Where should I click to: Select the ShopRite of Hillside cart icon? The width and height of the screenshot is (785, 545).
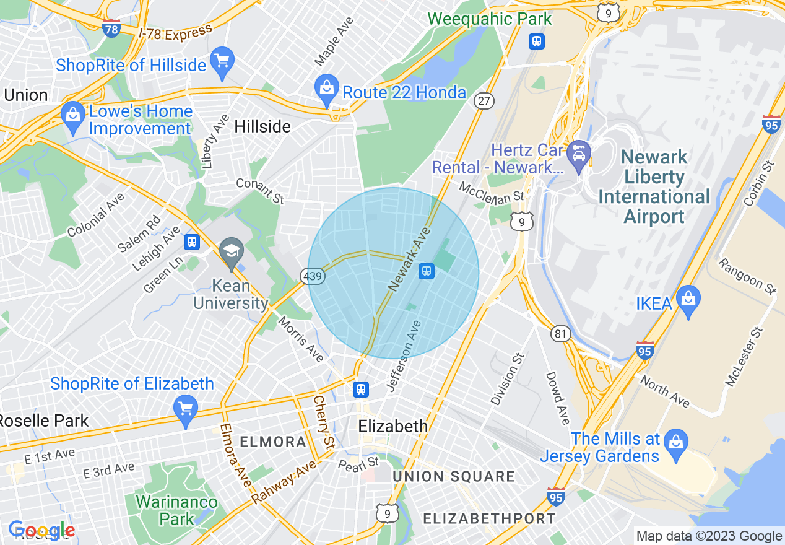[x=222, y=61]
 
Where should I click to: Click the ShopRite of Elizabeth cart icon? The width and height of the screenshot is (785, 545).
[x=186, y=408]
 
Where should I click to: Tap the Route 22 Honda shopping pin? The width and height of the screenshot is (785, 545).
[x=326, y=88]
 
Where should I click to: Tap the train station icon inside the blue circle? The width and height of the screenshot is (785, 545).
[x=426, y=271]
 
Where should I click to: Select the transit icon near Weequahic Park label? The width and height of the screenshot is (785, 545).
[x=537, y=41]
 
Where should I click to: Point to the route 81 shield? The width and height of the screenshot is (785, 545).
[x=560, y=334]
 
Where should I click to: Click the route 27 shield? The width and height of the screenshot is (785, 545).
[x=484, y=100]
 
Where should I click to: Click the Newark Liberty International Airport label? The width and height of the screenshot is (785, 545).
[x=654, y=186]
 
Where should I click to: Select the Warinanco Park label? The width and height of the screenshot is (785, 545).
[x=176, y=510]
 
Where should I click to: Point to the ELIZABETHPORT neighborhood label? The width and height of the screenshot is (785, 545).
[x=489, y=518]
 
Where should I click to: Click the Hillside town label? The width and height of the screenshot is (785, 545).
[x=262, y=126]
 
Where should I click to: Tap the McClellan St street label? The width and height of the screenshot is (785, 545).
[x=492, y=191]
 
